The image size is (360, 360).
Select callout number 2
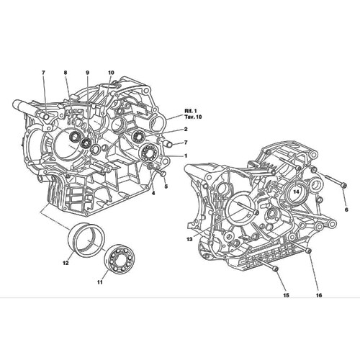pyautogui.click(x=185, y=129)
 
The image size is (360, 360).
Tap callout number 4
pyautogui.click(x=153, y=193)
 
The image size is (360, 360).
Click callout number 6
pyautogui.click(x=346, y=209)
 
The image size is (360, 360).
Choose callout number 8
pyautogui.click(x=65, y=73)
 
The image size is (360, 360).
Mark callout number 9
pyautogui.click(x=87, y=73)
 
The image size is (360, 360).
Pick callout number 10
pyautogui.click(x=111, y=73)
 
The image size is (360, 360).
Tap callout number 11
pyautogui.click(x=100, y=282)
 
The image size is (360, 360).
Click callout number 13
pyautogui.click(x=189, y=239)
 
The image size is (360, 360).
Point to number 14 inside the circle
pyautogui.click(x=296, y=192)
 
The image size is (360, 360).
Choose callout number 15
pyautogui.click(x=286, y=296)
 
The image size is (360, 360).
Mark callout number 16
pyautogui.click(x=318, y=296)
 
